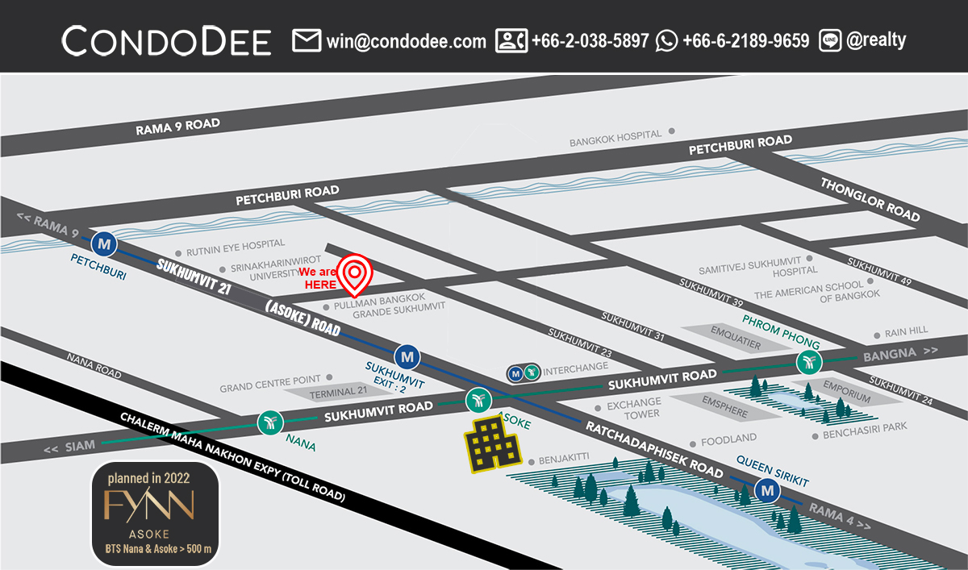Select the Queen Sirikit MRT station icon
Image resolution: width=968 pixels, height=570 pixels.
pos(766,489)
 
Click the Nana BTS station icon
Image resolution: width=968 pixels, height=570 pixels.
pos(269,422)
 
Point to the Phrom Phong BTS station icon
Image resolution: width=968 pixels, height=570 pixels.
pos(808,363)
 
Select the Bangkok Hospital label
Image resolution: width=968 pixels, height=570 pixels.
pos(615,138)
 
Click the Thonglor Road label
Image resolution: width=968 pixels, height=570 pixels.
pos(870,199)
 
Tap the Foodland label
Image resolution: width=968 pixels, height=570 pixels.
pos(728,439)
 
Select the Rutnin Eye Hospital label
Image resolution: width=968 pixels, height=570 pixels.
pos(236,243)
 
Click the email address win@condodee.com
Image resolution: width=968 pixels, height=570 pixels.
pos(406,40)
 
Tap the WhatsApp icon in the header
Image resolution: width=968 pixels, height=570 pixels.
pos(666,40)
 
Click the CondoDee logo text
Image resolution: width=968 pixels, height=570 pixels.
pos(166,40)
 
